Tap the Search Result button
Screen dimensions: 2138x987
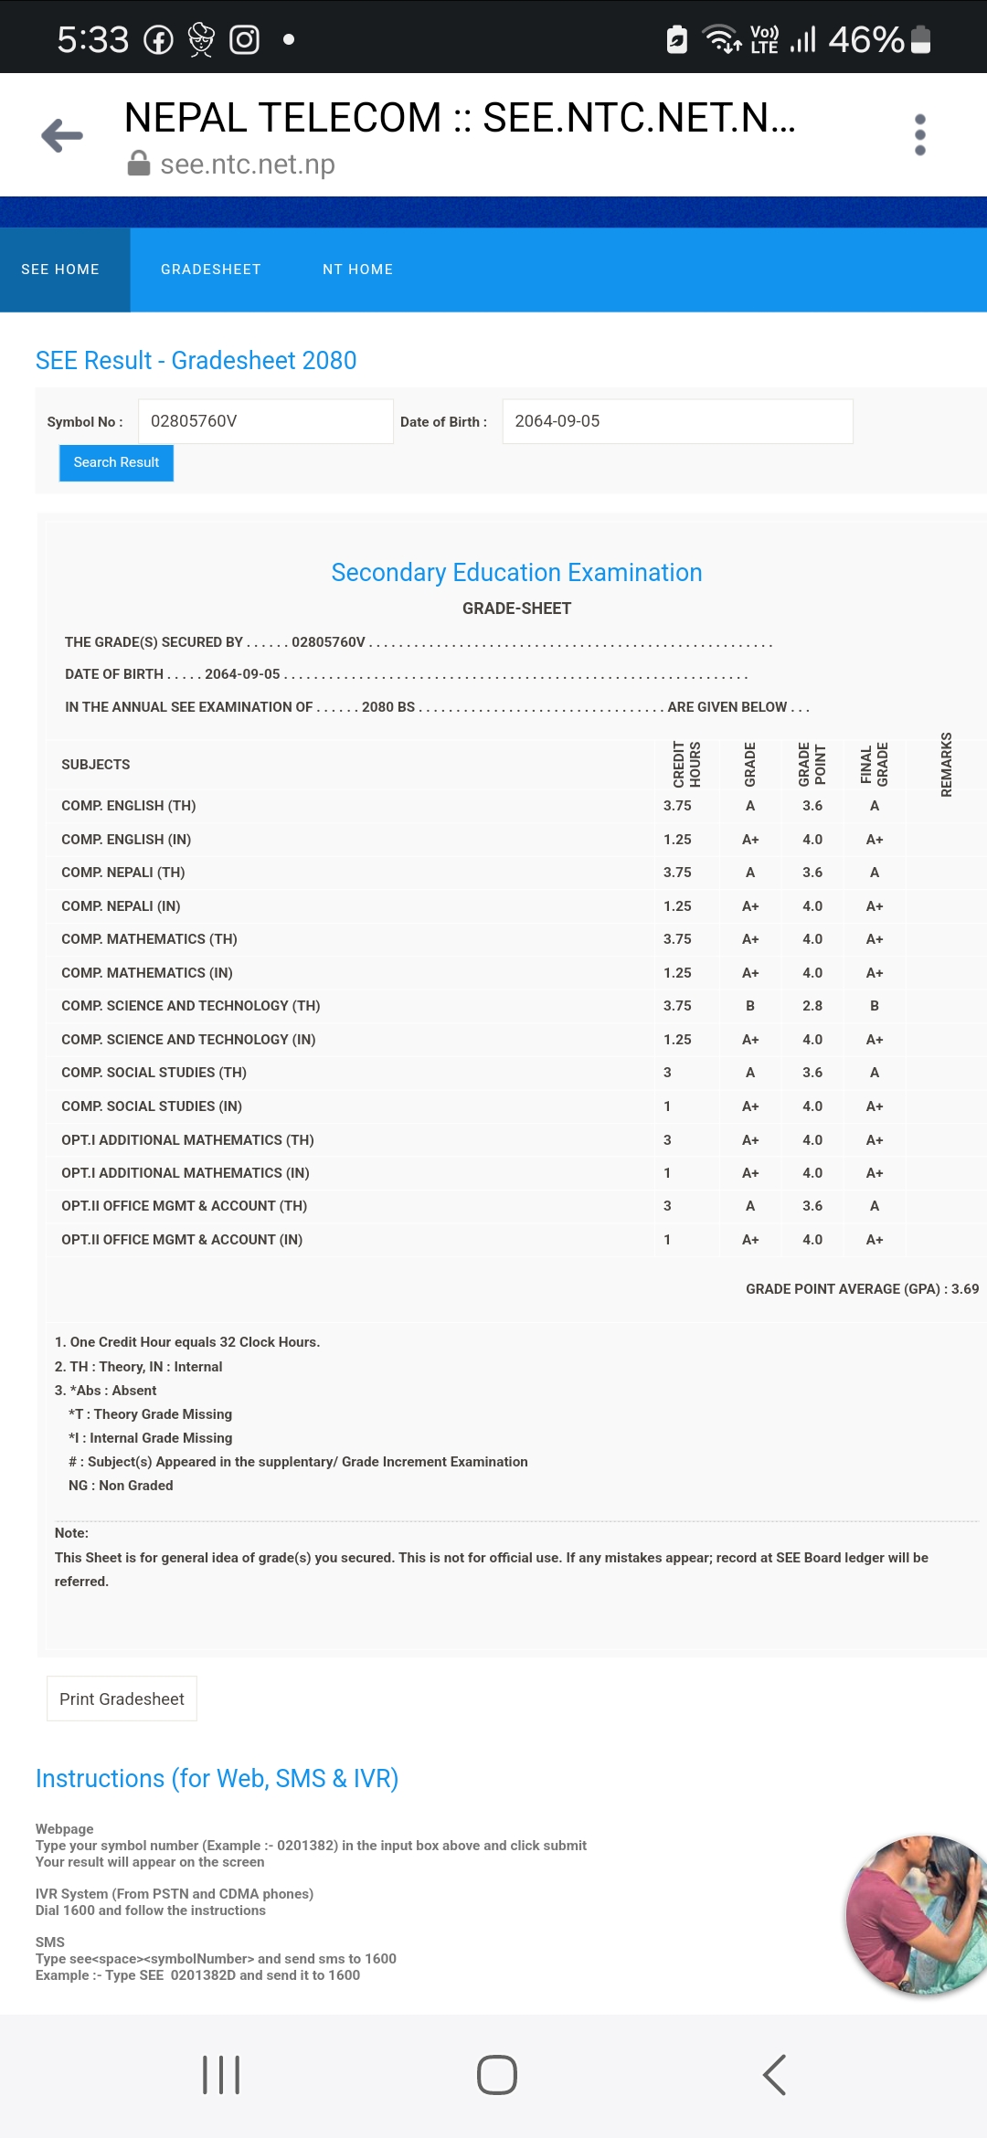(116, 462)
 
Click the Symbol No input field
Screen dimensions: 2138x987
(265, 421)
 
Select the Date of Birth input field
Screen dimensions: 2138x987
(676, 421)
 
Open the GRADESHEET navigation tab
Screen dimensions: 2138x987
(210, 270)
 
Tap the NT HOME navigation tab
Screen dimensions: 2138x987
(357, 270)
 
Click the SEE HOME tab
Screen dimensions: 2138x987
(60, 270)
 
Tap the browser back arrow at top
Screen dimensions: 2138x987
(62, 135)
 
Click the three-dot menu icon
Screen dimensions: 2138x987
(919, 135)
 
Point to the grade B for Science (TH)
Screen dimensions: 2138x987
(749, 1006)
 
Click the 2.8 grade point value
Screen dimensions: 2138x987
(812, 1006)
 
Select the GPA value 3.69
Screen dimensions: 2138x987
(964, 1289)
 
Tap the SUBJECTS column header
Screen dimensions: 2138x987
(96, 765)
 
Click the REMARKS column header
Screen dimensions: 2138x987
(946, 765)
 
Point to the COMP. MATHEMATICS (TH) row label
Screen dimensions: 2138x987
(149, 939)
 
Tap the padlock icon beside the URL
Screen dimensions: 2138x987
(139, 164)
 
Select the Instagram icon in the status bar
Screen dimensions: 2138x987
(244, 39)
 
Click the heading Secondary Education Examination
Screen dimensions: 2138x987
(516, 573)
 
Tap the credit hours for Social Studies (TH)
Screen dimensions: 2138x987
(667, 1073)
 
